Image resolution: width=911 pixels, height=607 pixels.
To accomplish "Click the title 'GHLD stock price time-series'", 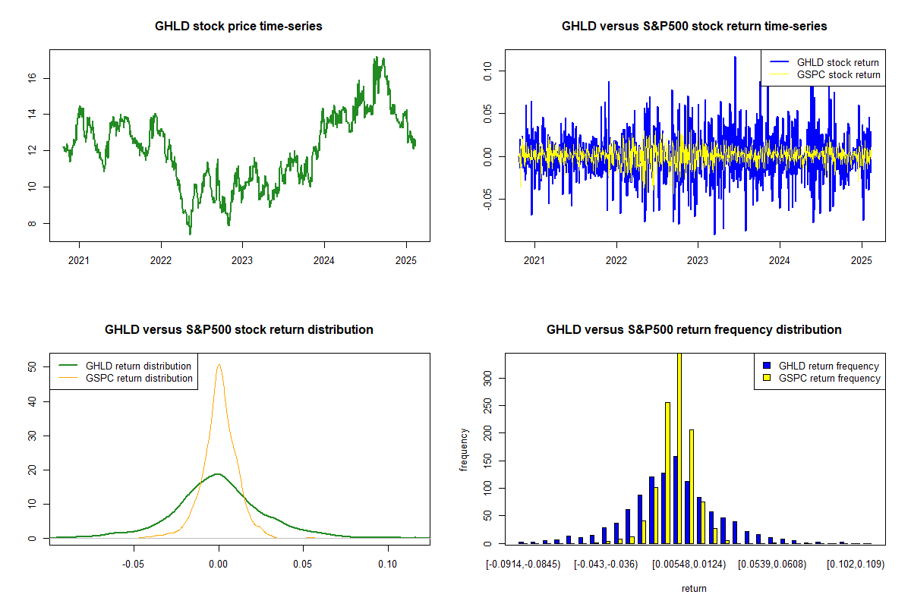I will pyautogui.click(x=238, y=27).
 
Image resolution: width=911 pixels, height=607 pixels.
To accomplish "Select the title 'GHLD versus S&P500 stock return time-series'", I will pyautogui.click(x=694, y=27).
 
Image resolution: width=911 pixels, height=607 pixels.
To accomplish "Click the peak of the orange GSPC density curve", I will pyautogui.click(x=219, y=365).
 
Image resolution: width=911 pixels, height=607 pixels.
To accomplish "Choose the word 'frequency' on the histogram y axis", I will pyautogui.click(x=465, y=449).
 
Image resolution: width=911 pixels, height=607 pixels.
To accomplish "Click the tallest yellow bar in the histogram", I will pyautogui.click(x=679, y=448).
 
